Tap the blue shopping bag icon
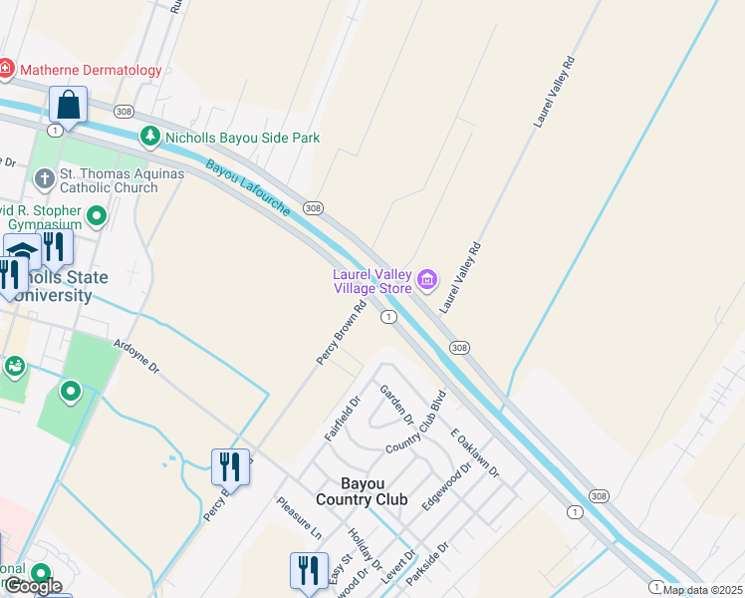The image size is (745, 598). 68,105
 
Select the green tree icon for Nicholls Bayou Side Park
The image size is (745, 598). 149,137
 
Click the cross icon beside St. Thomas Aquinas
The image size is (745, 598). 44,179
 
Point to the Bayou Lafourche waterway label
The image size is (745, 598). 248,187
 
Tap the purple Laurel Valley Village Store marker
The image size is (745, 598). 427,279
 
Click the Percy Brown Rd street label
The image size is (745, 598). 343,332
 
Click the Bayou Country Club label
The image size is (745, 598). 361,491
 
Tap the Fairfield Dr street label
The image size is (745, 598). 341,420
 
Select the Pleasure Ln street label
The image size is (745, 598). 299,518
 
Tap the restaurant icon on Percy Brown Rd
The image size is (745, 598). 229,465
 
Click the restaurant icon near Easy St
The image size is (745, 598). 309,570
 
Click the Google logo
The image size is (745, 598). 33,586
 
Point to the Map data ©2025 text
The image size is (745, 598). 702,590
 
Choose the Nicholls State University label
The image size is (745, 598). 60,286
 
